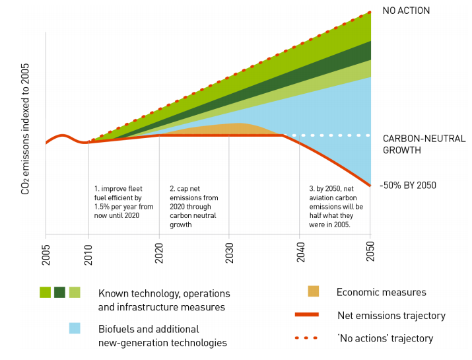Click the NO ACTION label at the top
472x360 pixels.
click(x=406, y=11)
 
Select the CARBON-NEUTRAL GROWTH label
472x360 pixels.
click(x=424, y=144)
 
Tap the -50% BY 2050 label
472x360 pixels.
click(x=408, y=185)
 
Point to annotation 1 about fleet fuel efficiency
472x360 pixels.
click(x=123, y=198)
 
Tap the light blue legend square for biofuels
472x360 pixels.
click(x=75, y=328)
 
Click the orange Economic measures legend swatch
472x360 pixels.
click(x=314, y=291)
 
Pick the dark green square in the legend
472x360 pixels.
click(x=60, y=291)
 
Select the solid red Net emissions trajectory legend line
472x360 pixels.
click(x=313, y=315)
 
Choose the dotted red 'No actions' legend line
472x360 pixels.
click(x=313, y=338)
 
